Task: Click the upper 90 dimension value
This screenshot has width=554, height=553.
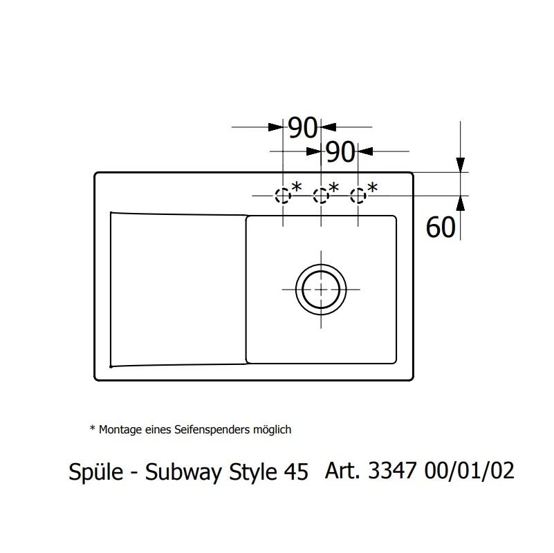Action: tap(302, 127)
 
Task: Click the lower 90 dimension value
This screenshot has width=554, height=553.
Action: tap(340, 152)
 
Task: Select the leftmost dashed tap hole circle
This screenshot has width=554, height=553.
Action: tap(283, 196)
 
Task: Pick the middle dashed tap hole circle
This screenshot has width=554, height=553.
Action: tap(321, 196)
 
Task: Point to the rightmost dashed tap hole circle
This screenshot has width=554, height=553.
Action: tap(358, 196)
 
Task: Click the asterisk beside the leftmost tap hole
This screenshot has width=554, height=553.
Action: tap(297, 187)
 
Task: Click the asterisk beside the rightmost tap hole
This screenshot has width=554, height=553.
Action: tap(372, 187)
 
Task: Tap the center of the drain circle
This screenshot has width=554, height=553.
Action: tap(321, 290)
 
